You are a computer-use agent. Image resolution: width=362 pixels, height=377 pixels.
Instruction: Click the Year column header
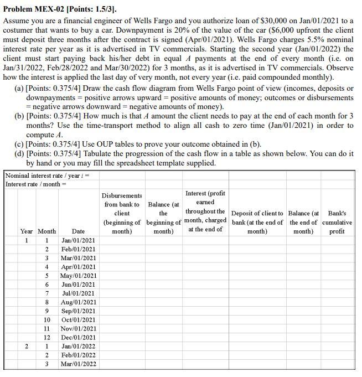pos(27,231)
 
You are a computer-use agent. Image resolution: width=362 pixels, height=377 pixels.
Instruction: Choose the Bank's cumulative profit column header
pos(337,222)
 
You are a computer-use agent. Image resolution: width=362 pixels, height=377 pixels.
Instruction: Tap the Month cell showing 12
pos(47,338)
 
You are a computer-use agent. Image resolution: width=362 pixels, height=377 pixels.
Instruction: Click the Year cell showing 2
pos(27,347)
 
